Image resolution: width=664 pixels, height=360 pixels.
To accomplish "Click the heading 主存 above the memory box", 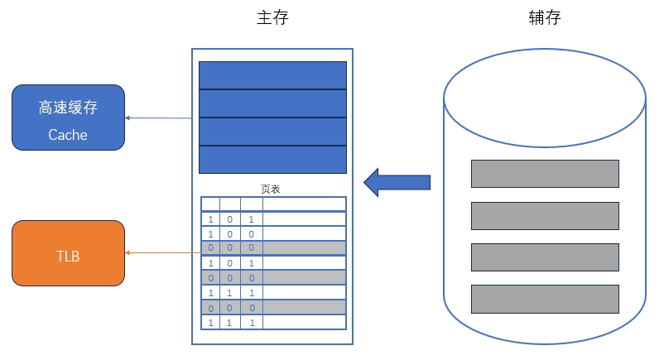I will [x=272, y=17].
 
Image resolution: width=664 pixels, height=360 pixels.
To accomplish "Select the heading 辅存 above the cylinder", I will [x=544, y=17].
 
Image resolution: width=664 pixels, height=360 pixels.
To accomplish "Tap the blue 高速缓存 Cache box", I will [x=68, y=118].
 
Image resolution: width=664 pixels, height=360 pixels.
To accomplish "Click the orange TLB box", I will [x=68, y=254].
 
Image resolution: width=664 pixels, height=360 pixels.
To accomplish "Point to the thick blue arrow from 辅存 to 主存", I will [x=397, y=181].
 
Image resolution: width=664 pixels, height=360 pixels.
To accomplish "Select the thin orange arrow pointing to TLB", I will [x=162, y=253].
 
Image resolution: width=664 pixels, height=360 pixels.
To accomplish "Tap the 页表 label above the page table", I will [x=271, y=189].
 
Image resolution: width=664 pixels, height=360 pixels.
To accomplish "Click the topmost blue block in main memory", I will [x=272, y=74].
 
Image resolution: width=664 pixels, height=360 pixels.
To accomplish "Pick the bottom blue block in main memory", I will [x=272, y=160].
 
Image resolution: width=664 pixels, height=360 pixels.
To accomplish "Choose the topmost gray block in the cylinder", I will [x=545, y=174].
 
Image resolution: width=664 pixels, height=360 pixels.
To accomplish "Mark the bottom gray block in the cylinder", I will [x=545, y=298].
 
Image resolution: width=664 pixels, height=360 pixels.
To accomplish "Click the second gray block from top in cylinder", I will [x=545, y=215].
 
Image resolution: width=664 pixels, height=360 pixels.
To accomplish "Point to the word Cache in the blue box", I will [x=68, y=134].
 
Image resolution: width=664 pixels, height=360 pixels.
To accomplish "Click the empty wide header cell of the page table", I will [x=304, y=204].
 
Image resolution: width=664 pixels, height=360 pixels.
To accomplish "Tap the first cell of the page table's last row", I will [x=210, y=322].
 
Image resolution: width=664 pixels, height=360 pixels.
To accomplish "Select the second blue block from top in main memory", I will [x=272, y=103].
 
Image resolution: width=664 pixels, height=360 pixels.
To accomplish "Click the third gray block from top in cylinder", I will [x=545, y=257].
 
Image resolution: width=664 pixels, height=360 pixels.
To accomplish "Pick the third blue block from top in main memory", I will [x=272, y=132].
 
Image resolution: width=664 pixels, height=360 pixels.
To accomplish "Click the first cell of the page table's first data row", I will [x=210, y=219].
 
